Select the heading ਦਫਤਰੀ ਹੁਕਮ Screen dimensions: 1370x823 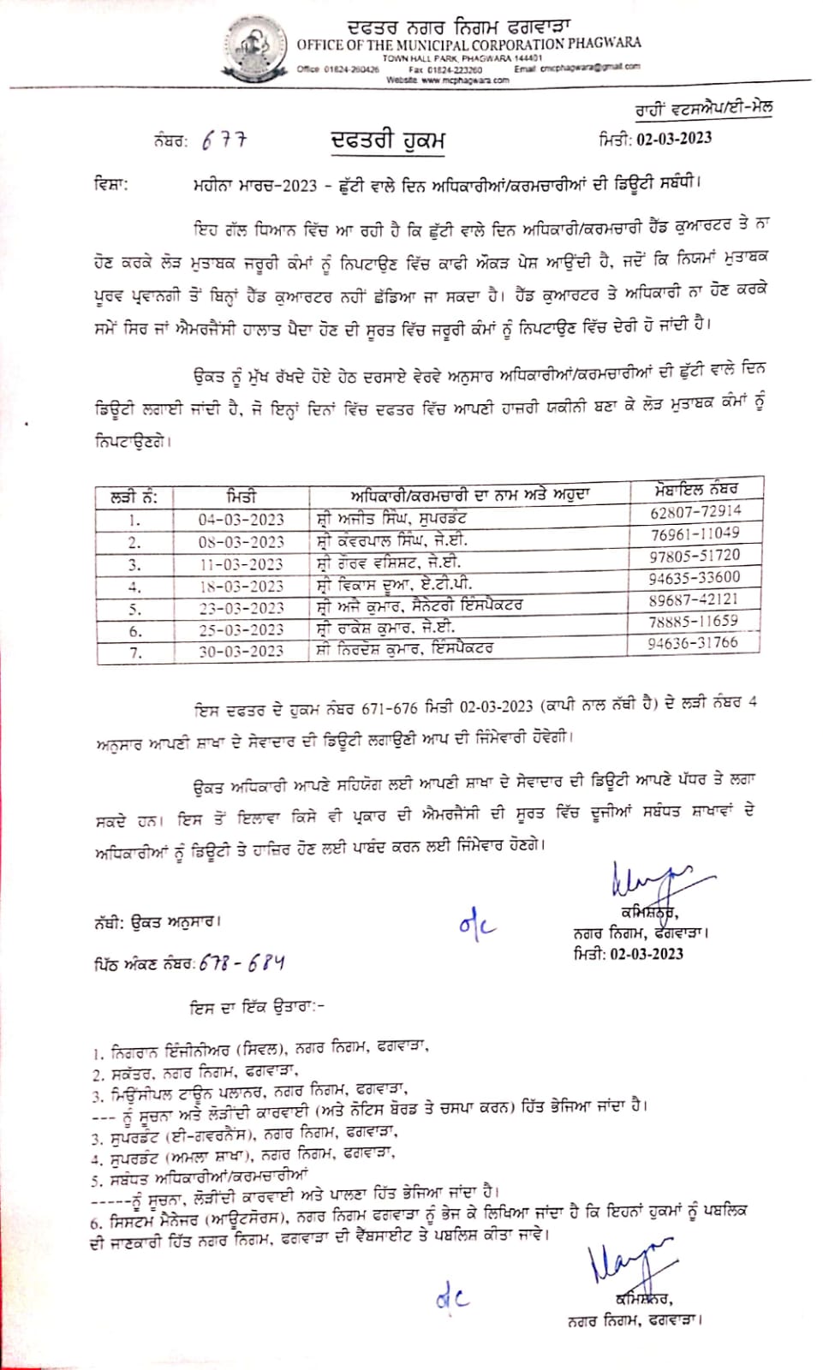(388, 140)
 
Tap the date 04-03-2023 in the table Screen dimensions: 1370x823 (241, 519)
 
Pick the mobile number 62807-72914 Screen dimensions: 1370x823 (695, 511)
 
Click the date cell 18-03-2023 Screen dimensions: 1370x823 (241, 586)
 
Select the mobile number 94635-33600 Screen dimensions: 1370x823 (695, 577)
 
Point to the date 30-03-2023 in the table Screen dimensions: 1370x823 (241, 651)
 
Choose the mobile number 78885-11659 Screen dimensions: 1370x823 (694, 621)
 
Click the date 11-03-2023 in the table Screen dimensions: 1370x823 (241, 563)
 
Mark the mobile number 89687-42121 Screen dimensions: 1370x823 (694, 599)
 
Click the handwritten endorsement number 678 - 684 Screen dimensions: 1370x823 (242, 963)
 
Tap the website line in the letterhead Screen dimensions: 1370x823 (447, 80)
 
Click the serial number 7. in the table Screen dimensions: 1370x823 (134, 652)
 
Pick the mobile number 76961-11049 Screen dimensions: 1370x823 (695, 533)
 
